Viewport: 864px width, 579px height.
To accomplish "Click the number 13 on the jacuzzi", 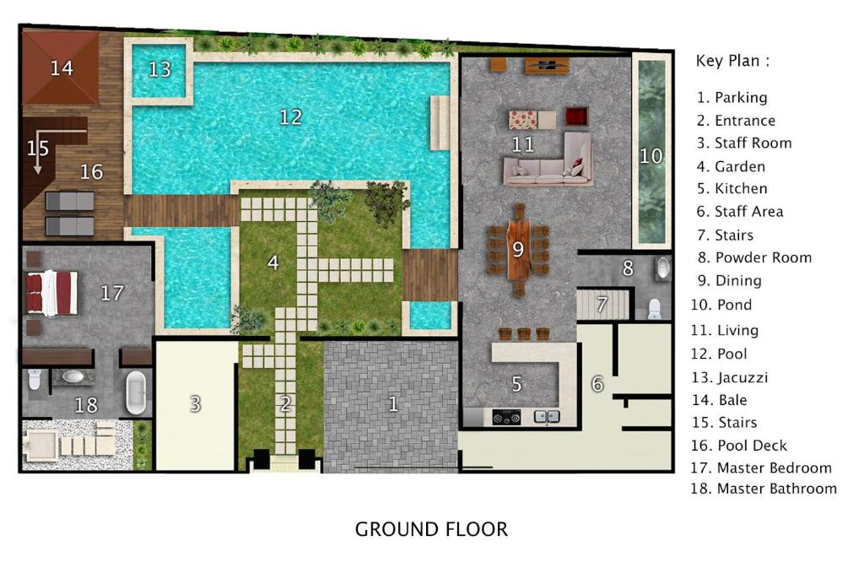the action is click(159, 69).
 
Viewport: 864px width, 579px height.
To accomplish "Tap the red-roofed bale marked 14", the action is click(61, 68).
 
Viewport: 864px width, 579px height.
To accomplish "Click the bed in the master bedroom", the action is click(51, 293).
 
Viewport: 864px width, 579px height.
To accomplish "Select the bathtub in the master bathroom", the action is click(136, 392).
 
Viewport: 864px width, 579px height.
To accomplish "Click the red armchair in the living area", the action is click(576, 117).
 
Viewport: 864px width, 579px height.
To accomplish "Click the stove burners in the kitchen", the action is click(506, 418).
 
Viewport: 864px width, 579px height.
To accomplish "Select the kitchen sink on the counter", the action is click(547, 417).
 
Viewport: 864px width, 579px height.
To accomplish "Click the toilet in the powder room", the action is click(654, 309).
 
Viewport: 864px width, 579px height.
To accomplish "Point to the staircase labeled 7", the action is click(602, 305).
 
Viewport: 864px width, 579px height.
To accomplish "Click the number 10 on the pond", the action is click(651, 156).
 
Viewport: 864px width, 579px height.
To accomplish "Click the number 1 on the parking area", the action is click(393, 404).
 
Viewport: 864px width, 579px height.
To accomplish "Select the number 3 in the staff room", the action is click(195, 404).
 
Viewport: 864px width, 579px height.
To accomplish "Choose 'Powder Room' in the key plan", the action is click(763, 257).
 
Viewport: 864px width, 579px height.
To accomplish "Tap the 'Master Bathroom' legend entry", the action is click(777, 489).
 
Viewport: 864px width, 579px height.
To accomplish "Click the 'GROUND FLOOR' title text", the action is click(431, 529).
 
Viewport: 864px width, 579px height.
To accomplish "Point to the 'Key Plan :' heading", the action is click(732, 61).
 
